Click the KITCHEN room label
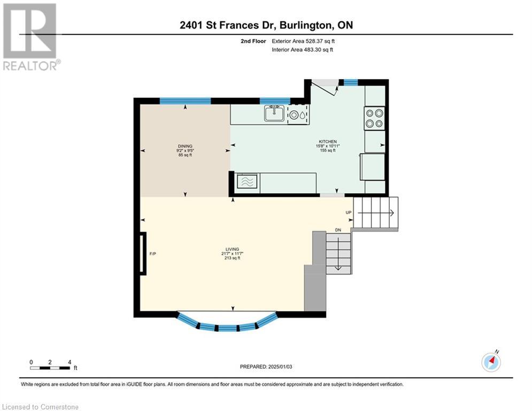[326, 141]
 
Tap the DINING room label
[185, 146]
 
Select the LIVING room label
[232, 249]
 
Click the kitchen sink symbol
[274, 113]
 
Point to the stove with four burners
[374, 118]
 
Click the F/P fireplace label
[152, 253]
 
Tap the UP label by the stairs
[349, 212]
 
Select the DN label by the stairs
[338, 230]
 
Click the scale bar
[50, 367]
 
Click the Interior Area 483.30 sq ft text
[303, 50]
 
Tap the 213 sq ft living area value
[232, 258]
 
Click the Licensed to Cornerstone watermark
[41, 407]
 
